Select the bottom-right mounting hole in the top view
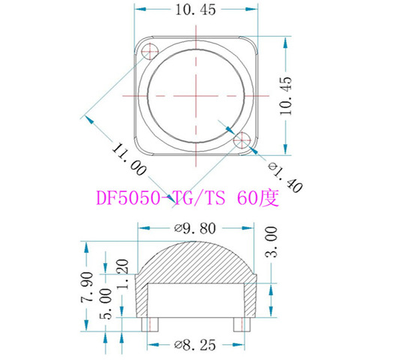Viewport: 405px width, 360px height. pos(242,140)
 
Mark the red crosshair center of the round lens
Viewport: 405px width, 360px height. pos(198,95)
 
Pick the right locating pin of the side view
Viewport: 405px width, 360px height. pos(239,325)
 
